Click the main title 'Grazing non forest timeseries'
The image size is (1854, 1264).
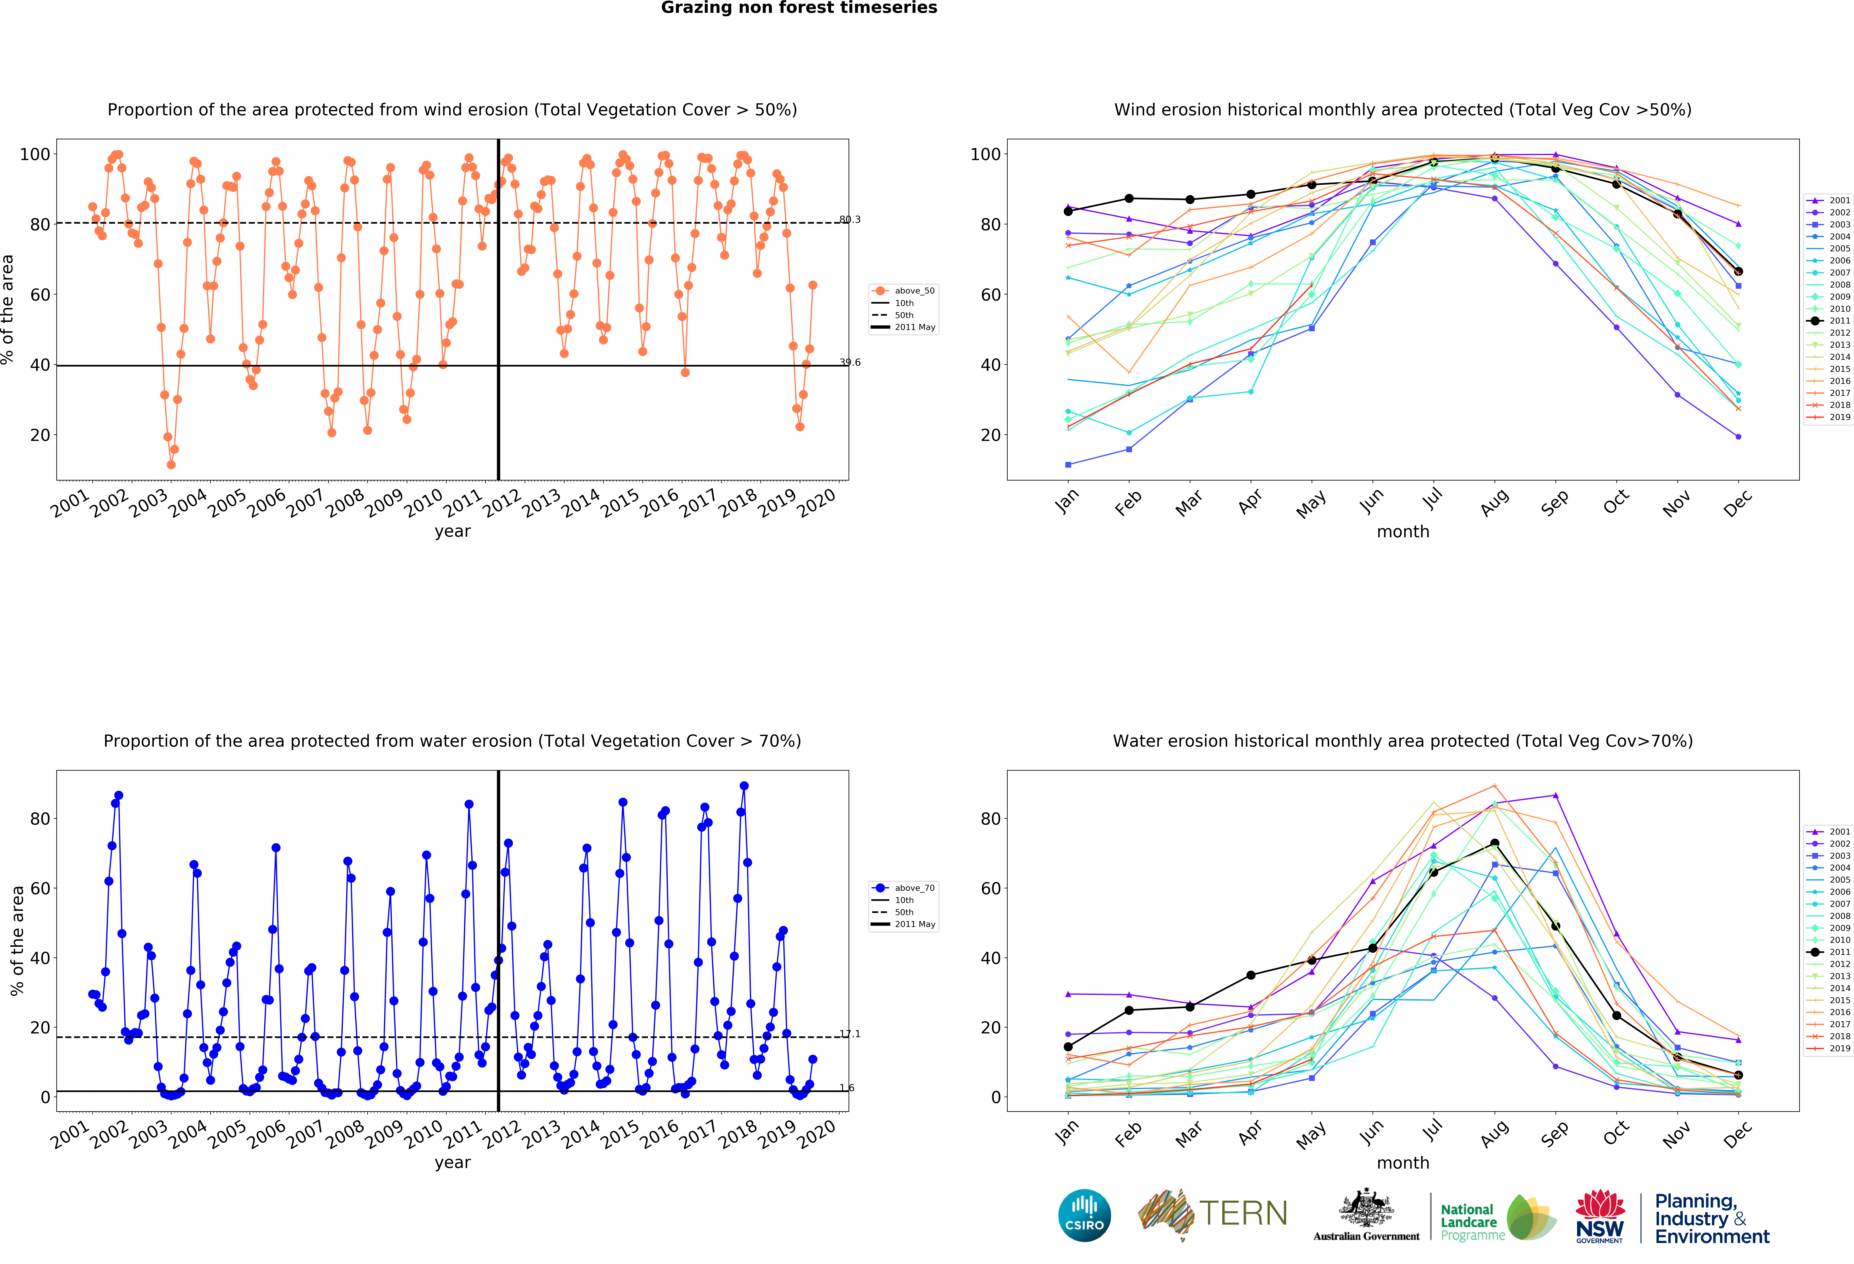[x=799, y=8]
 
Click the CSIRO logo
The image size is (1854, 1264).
[x=1084, y=1215]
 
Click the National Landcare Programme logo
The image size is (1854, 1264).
[x=1497, y=1218]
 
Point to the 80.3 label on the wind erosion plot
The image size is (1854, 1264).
[x=850, y=219]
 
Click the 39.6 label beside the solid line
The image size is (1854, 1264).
[x=850, y=362]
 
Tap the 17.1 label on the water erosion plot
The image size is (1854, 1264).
[x=850, y=1034]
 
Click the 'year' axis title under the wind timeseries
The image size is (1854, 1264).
[x=452, y=531]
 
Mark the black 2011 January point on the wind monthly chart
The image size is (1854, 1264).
[x=1068, y=212]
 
